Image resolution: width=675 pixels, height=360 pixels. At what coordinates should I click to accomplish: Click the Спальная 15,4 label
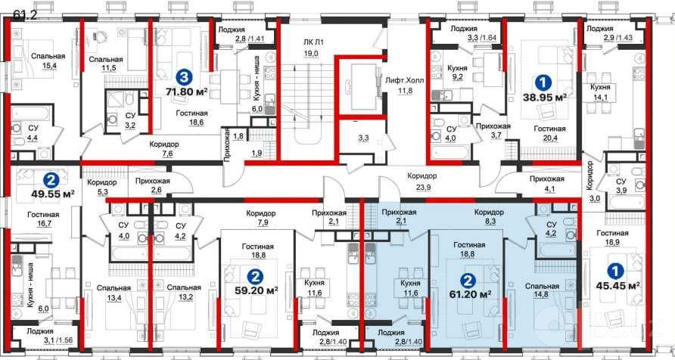(48, 61)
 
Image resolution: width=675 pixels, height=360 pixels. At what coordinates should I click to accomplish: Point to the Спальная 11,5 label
(107, 64)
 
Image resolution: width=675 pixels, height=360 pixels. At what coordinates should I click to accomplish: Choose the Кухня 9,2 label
(457, 73)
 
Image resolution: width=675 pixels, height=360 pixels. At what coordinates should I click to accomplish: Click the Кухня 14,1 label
(599, 92)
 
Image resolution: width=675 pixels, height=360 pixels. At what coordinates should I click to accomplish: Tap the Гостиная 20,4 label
(549, 133)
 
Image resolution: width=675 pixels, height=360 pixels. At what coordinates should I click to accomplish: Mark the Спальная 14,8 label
(542, 290)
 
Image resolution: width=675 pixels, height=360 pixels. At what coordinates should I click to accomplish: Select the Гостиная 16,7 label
(43, 219)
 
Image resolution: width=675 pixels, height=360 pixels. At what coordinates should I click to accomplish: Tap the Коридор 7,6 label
(164, 149)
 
